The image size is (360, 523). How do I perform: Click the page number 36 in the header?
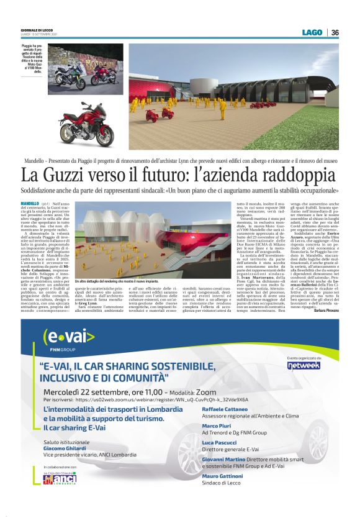335,32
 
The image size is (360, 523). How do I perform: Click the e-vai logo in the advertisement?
68,338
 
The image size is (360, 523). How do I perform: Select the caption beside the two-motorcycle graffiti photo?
32,59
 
